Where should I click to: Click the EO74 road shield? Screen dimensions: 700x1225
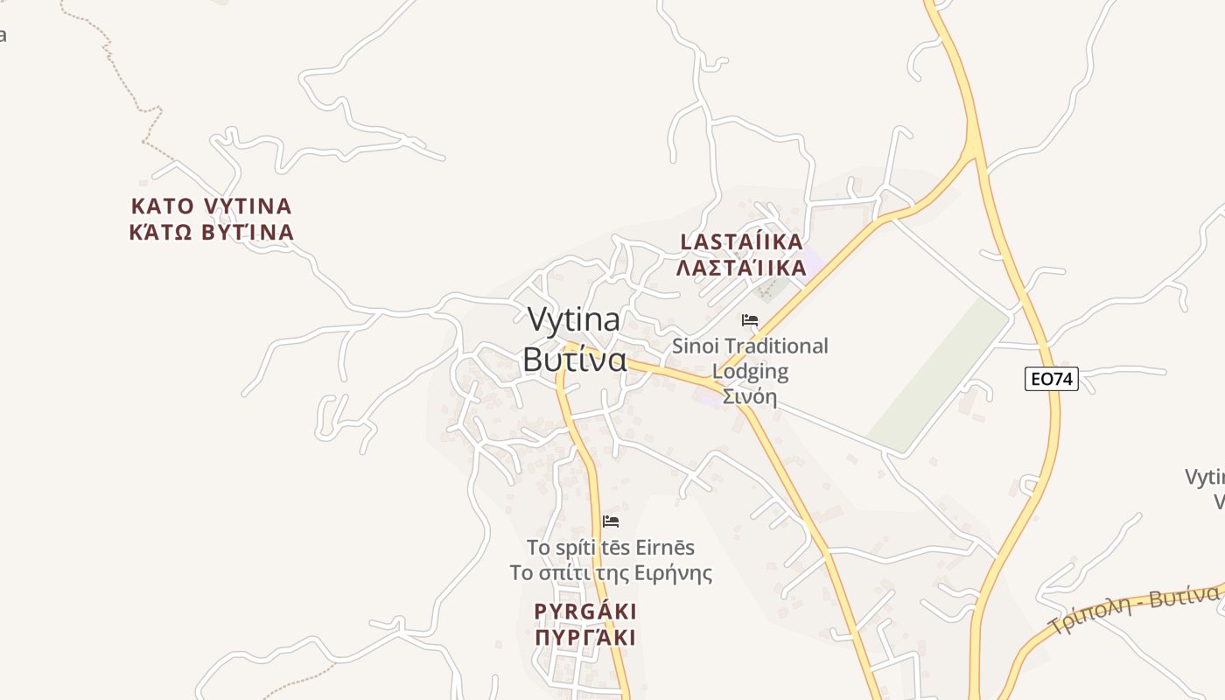tap(1051, 379)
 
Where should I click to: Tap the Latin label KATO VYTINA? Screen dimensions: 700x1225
tap(211, 206)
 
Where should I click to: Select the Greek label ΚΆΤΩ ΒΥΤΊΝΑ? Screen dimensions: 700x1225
tap(211, 233)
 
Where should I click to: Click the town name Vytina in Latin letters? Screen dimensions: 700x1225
tap(574, 320)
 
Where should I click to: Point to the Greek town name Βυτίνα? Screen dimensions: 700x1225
tap(574, 359)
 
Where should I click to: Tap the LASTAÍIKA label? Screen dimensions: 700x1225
tap(742, 241)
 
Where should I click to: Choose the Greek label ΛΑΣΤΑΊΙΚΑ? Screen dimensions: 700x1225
tap(742, 268)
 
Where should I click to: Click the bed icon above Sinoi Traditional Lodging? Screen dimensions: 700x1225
tap(750, 320)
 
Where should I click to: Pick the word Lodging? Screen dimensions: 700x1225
tap(750, 372)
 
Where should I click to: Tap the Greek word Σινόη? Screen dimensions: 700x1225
tap(750, 396)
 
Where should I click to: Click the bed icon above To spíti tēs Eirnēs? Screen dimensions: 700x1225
tap(611, 521)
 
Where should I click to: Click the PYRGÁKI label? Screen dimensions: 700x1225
tap(585, 611)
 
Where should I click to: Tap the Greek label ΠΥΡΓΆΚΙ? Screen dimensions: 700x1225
tap(585, 637)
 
